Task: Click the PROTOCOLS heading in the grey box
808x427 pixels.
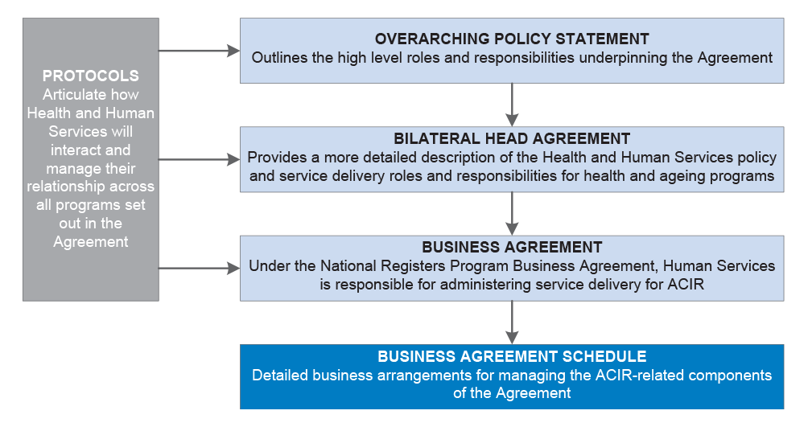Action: click(91, 76)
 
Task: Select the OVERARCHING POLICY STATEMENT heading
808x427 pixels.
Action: click(512, 39)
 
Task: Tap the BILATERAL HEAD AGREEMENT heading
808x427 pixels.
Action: click(512, 138)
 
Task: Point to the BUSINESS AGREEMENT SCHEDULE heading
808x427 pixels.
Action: click(512, 356)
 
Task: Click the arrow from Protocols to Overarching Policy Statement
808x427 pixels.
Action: click(199, 51)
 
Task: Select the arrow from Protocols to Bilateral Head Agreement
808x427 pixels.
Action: click(199, 160)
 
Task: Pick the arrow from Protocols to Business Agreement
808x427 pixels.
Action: click(199, 268)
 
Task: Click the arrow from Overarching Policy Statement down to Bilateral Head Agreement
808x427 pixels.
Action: click(512, 105)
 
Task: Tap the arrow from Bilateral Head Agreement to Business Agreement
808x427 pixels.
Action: click(512, 214)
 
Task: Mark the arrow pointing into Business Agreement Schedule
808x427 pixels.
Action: click(512, 322)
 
